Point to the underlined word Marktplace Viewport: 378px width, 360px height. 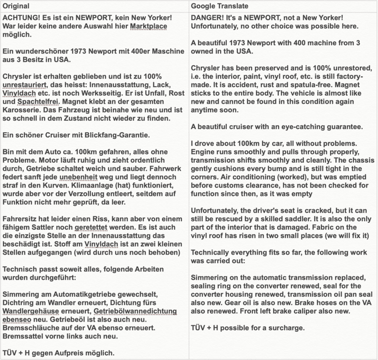(x=148, y=26)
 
